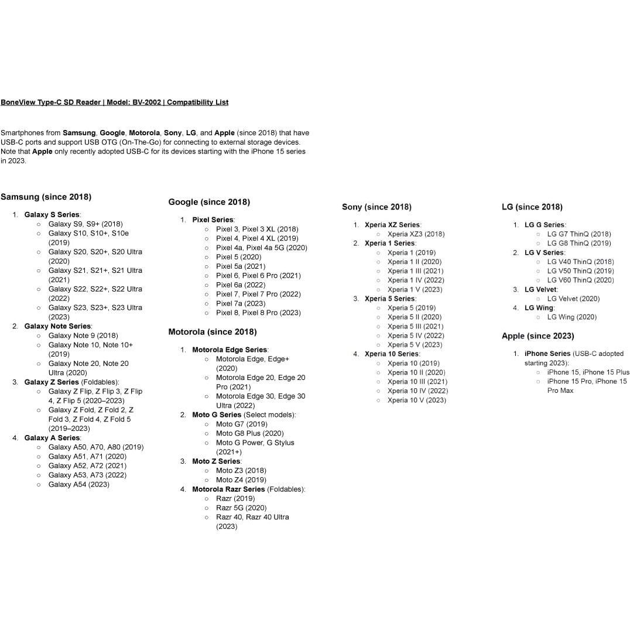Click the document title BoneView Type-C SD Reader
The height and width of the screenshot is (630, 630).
[x=114, y=102]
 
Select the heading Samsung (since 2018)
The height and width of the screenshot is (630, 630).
[x=46, y=197]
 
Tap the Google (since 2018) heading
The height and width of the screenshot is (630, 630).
[x=209, y=202]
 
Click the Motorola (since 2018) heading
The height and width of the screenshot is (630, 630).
[x=213, y=332]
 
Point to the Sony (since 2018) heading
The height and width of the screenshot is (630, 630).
[x=376, y=207]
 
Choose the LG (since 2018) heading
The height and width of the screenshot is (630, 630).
[x=532, y=207]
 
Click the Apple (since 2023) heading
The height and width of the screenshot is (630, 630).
[x=537, y=336]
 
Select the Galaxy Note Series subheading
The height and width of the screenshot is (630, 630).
[x=57, y=326]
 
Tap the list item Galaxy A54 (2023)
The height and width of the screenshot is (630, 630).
[x=78, y=484]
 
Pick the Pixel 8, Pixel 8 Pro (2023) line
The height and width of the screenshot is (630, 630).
[x=258, y=313]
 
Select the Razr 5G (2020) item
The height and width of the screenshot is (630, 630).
[x=241, y=508]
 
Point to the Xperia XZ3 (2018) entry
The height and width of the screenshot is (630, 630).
[x=416, y=234]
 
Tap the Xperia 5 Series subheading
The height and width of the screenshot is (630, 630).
[x=389, y=299]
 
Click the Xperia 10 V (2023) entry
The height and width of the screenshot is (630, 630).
[x=416, y=400]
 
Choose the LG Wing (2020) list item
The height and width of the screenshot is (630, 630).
[x=571, y=317]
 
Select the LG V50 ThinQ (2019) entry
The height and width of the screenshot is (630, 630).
[x=580, y=271]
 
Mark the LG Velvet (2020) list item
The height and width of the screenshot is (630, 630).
[x=573, y=299]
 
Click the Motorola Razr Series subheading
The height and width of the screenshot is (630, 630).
[x=228, y=489]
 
